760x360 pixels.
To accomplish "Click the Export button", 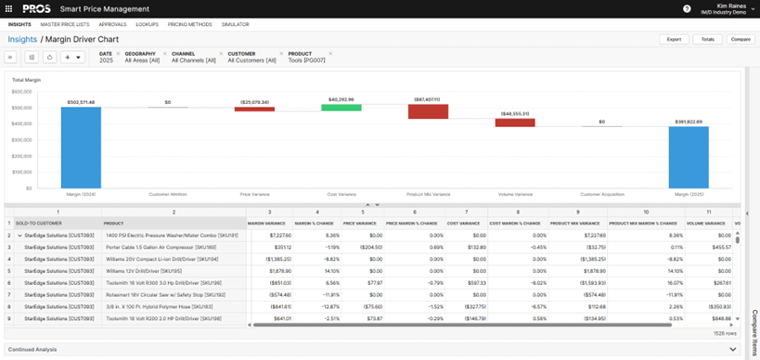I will click(674, 40).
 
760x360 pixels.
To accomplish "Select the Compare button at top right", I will click(740, 40).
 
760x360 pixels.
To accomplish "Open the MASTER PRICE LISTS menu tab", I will click(64, 24).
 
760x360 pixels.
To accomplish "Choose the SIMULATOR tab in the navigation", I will click(235, 24).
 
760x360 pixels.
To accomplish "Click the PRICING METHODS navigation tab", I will click(190, 24).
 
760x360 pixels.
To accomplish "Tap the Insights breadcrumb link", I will click(22, 40).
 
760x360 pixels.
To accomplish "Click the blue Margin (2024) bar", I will click(81, 148).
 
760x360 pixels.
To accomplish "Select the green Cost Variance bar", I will click(341, 108).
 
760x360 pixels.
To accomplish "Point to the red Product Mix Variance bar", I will click(428, 111).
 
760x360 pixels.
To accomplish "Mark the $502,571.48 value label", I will click(81, 102).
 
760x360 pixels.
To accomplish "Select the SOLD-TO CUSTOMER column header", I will click(38, 224).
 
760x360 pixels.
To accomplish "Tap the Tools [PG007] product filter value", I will click(307, 60).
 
